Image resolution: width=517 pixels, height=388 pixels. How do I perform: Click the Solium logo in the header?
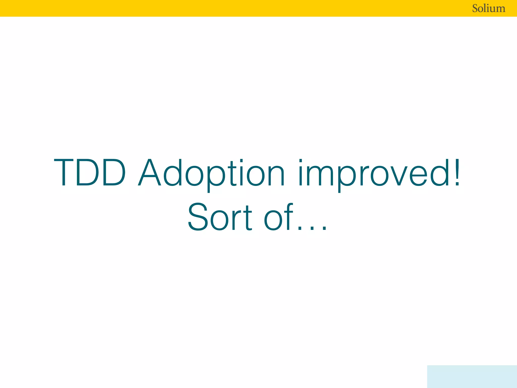point(488,8)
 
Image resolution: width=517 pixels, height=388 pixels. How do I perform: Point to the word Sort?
point(220,217)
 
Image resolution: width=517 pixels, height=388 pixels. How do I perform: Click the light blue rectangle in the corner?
point(472,376)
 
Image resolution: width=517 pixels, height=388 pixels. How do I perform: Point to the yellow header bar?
point(227,8)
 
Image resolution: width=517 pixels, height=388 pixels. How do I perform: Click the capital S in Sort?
point(198,217)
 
